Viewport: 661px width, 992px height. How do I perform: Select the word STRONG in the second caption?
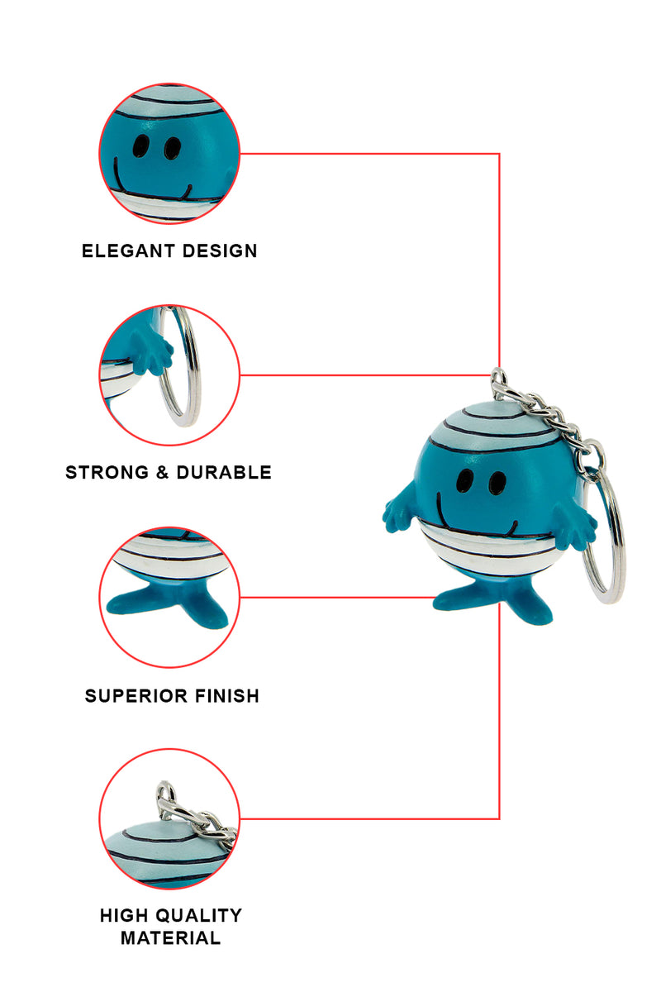pyautogui.click(x=104, y=473)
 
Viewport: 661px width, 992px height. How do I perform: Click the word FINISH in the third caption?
pyautogui.click(x=225, y=696)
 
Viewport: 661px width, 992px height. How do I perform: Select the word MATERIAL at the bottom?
pyautogui.click(x=170, y=938)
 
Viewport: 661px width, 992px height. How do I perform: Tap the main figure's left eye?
pyautogui.click(x=465, y=479)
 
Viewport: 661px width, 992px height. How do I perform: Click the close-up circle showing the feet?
pyautogui.click(x=169, y=597)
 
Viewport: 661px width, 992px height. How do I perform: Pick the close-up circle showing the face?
pyautogui.click(x=169, y=153)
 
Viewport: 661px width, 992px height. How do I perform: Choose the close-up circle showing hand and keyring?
pyautogui.click(x=169, y=374)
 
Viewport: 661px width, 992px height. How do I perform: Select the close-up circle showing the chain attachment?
pyautogui.click(x=169, y=818)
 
